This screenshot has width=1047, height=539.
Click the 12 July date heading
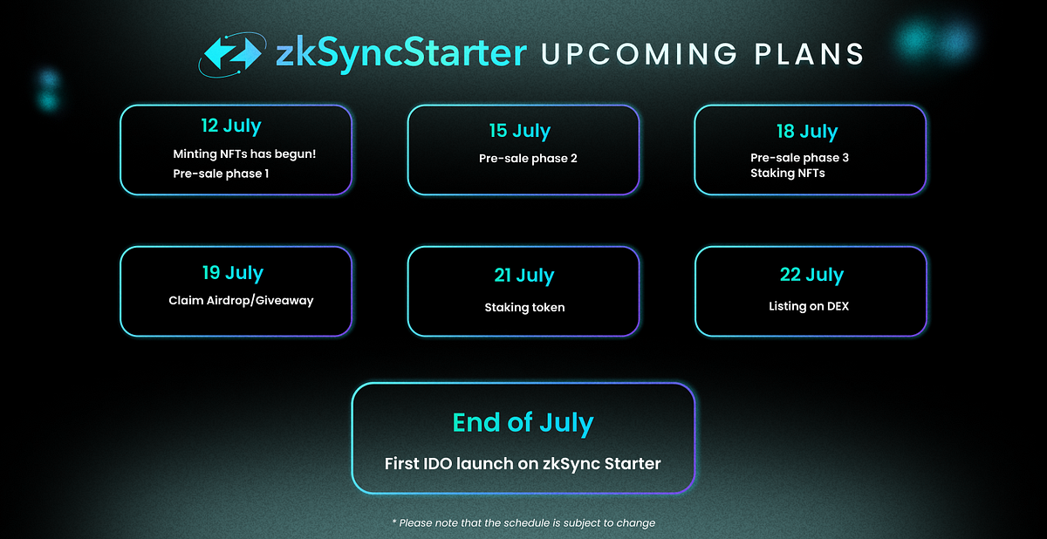[x=230, y=126]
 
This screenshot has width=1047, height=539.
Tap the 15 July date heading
[x=519, y=131]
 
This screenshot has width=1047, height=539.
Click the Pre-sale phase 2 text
[x=528, y=159]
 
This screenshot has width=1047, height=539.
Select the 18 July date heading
[x=807, y=132]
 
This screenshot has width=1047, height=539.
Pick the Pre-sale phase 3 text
[x=799, y=158]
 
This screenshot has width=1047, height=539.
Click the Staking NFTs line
[x=787, y=173]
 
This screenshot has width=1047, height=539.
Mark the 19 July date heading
[x=232, y=272]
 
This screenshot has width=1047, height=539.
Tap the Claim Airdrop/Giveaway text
[x=241, y=301]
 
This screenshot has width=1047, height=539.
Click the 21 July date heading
[x=523, y=276]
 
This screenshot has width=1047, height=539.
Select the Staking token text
[x=524, y=307]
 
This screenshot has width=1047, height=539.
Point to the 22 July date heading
[x=811, y=275]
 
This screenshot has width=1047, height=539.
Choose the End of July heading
[x=523, y=423]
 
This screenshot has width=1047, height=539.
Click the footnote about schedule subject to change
[x=523, y=522]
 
